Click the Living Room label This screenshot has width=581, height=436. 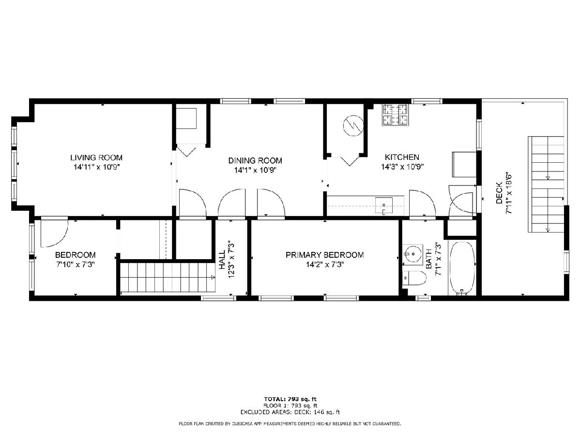point(96,157)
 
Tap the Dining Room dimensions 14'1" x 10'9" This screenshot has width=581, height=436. point(255,170)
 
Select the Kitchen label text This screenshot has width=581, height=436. point(402,157)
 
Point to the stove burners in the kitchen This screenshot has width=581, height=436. point(396,115)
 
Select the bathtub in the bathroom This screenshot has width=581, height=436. point(462,268)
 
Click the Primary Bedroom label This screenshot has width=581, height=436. point(324,255)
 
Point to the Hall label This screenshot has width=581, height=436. point(222,260)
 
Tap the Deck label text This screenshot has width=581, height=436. point(499,193)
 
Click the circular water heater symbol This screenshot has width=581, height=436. point(353,126)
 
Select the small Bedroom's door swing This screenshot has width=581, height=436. point(54,233)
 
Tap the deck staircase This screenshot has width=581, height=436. point(546,184)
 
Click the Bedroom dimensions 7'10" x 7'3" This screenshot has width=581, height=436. point(76,265)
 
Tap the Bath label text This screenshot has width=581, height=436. point(428,260)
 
